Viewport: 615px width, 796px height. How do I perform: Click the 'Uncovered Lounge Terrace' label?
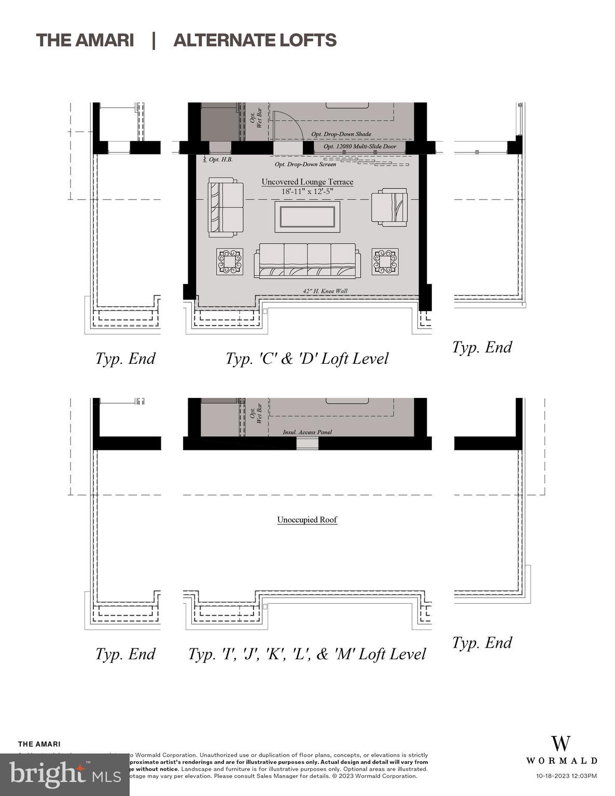(307, 182)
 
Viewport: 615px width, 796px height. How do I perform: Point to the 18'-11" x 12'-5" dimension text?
(307, 191)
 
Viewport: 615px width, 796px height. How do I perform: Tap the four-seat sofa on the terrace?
(307, 261)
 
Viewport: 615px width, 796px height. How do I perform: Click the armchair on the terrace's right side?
(389, 207)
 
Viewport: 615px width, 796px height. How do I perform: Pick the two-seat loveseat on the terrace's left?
(226, 207)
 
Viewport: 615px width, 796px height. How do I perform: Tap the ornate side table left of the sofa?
(230, 262)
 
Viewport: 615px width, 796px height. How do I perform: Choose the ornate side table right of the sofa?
(385, 262)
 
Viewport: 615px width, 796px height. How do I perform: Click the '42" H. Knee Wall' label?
(325, 291)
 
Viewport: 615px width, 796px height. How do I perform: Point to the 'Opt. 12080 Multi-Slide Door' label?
(359, 147)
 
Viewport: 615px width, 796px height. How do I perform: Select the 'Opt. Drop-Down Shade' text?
(341, 134)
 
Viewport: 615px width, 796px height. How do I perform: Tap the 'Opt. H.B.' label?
(220, 160)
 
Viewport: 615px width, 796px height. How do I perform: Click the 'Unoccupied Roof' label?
(307, 520)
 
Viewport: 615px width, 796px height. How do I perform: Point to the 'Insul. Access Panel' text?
(307, 432)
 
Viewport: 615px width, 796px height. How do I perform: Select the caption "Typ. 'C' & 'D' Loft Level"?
(306, 359)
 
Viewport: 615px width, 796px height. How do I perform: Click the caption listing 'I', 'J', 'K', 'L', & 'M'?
(306, 654)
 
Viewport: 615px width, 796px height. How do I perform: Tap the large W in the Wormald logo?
(561, 744)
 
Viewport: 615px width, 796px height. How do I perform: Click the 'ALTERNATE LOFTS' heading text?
(255, 40)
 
